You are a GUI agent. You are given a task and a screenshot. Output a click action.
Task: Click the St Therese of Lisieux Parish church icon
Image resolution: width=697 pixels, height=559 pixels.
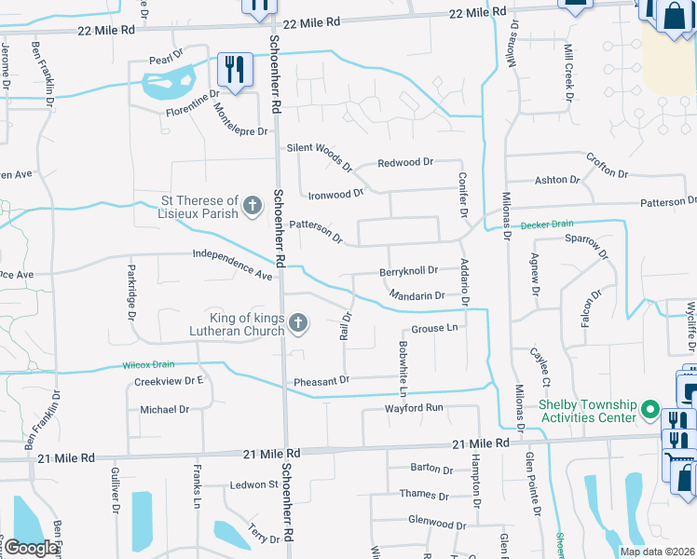(x=252, y=207)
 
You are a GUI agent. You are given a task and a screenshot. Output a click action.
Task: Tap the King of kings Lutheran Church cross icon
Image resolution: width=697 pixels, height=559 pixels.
(x=298, y=324)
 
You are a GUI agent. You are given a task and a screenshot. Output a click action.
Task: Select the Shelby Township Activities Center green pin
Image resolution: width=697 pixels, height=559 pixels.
(x=651, y=411)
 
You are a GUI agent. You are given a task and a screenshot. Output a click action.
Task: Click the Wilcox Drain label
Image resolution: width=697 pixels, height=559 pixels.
(x=148, y=365)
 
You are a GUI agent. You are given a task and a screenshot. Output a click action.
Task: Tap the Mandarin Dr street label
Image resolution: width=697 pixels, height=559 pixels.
(x=417, y=296)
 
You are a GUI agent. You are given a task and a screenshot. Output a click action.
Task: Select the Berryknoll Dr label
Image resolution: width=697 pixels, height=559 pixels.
(x=408, y=271)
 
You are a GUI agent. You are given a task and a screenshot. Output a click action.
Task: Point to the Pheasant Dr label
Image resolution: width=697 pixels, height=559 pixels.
(x=321, y=380)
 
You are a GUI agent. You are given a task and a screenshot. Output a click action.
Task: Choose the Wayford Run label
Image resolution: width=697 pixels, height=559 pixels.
(x=415, y=408)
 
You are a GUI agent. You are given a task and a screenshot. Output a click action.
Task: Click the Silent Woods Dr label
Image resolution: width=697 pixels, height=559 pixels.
(x=320, y=157)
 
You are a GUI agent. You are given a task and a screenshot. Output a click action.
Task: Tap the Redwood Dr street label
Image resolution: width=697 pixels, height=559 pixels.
(x=405, y=162)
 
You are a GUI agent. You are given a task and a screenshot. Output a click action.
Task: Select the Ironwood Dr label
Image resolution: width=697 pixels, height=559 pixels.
(x=335, y=195)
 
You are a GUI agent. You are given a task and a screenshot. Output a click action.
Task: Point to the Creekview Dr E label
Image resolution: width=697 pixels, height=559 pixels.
(x=169, y=381)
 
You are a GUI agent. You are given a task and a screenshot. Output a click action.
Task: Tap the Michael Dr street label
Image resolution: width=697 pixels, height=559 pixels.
(x=164, y=409)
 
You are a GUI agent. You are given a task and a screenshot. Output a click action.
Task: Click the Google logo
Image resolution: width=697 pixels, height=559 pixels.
(x=31, y=548)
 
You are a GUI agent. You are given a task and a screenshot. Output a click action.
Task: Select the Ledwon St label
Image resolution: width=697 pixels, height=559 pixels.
(x=255, y=484)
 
